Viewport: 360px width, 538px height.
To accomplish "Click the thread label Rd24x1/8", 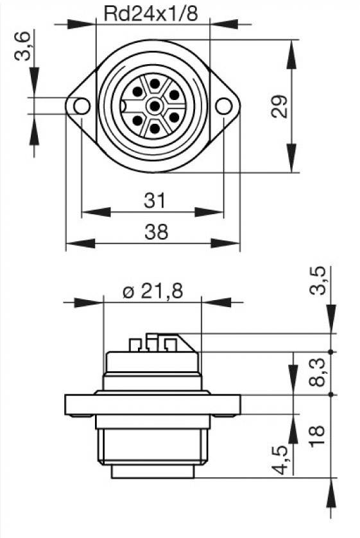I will [153, 13].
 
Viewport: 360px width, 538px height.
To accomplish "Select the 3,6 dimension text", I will [22, 46].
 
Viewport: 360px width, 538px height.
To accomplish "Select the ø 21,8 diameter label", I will [153, 291].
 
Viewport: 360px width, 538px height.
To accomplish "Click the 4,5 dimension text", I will [280, 460].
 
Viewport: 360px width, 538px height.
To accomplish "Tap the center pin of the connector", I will [154, 106].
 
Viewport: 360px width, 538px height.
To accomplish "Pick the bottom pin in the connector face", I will [154, 127].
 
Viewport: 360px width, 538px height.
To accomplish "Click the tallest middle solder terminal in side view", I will [151, 342].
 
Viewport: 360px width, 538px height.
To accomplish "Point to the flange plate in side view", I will [153, 404].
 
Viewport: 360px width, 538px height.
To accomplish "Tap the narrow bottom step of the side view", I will [153, 471].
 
